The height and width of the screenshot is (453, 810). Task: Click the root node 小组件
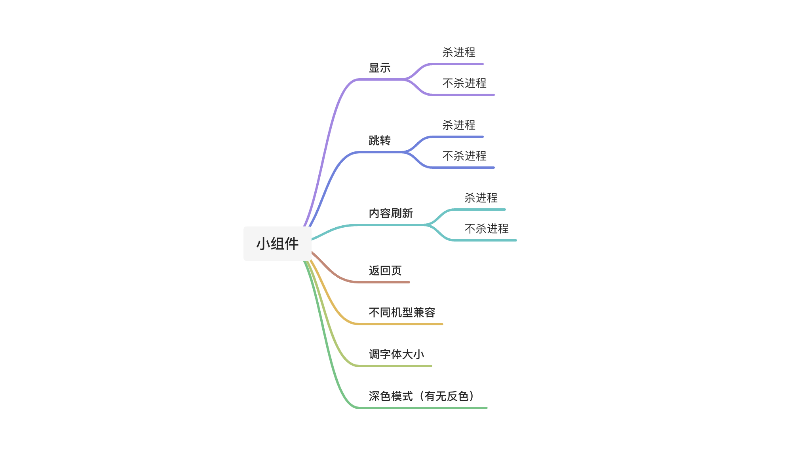[x=277, y=243]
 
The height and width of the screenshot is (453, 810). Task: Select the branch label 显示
[x=379, y=68]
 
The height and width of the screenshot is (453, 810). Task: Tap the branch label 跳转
[x=379, y=141]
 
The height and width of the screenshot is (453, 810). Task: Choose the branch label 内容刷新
[x=390, y=213]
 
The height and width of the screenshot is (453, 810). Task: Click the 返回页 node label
[x=385, y=271]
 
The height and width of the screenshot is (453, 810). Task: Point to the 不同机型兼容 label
[x=401, y=313]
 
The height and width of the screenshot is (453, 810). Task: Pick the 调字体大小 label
[x=396, y=355]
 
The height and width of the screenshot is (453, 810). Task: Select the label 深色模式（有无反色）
[x=421, y=396]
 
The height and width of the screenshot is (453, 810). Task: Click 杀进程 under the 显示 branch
[x=458, y=53]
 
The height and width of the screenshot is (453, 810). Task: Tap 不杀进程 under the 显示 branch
[x=464, y=83]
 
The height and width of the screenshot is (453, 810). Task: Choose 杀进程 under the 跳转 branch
[x=458, y=125]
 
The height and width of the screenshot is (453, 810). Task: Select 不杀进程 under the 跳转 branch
[x=464, y=156]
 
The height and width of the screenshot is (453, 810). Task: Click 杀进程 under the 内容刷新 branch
[x=481, y=198]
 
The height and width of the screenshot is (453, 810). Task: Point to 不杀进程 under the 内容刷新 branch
[x=486, y=229]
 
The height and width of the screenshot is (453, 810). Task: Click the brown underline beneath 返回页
[x=384, y=282]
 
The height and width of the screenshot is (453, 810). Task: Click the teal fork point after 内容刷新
[x=427, y=225]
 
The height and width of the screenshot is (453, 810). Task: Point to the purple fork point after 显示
[x=405, y=79]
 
